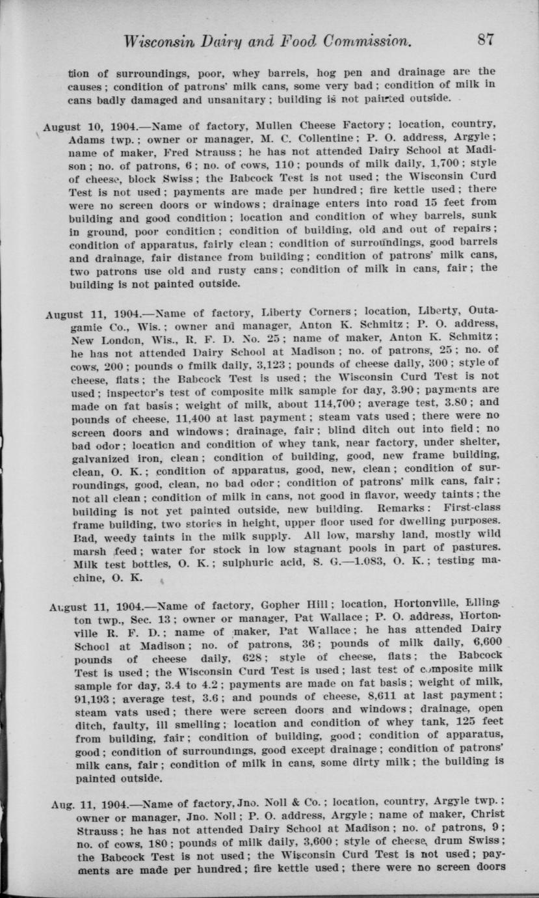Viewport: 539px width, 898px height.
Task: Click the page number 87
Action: [x=485, y=39]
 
